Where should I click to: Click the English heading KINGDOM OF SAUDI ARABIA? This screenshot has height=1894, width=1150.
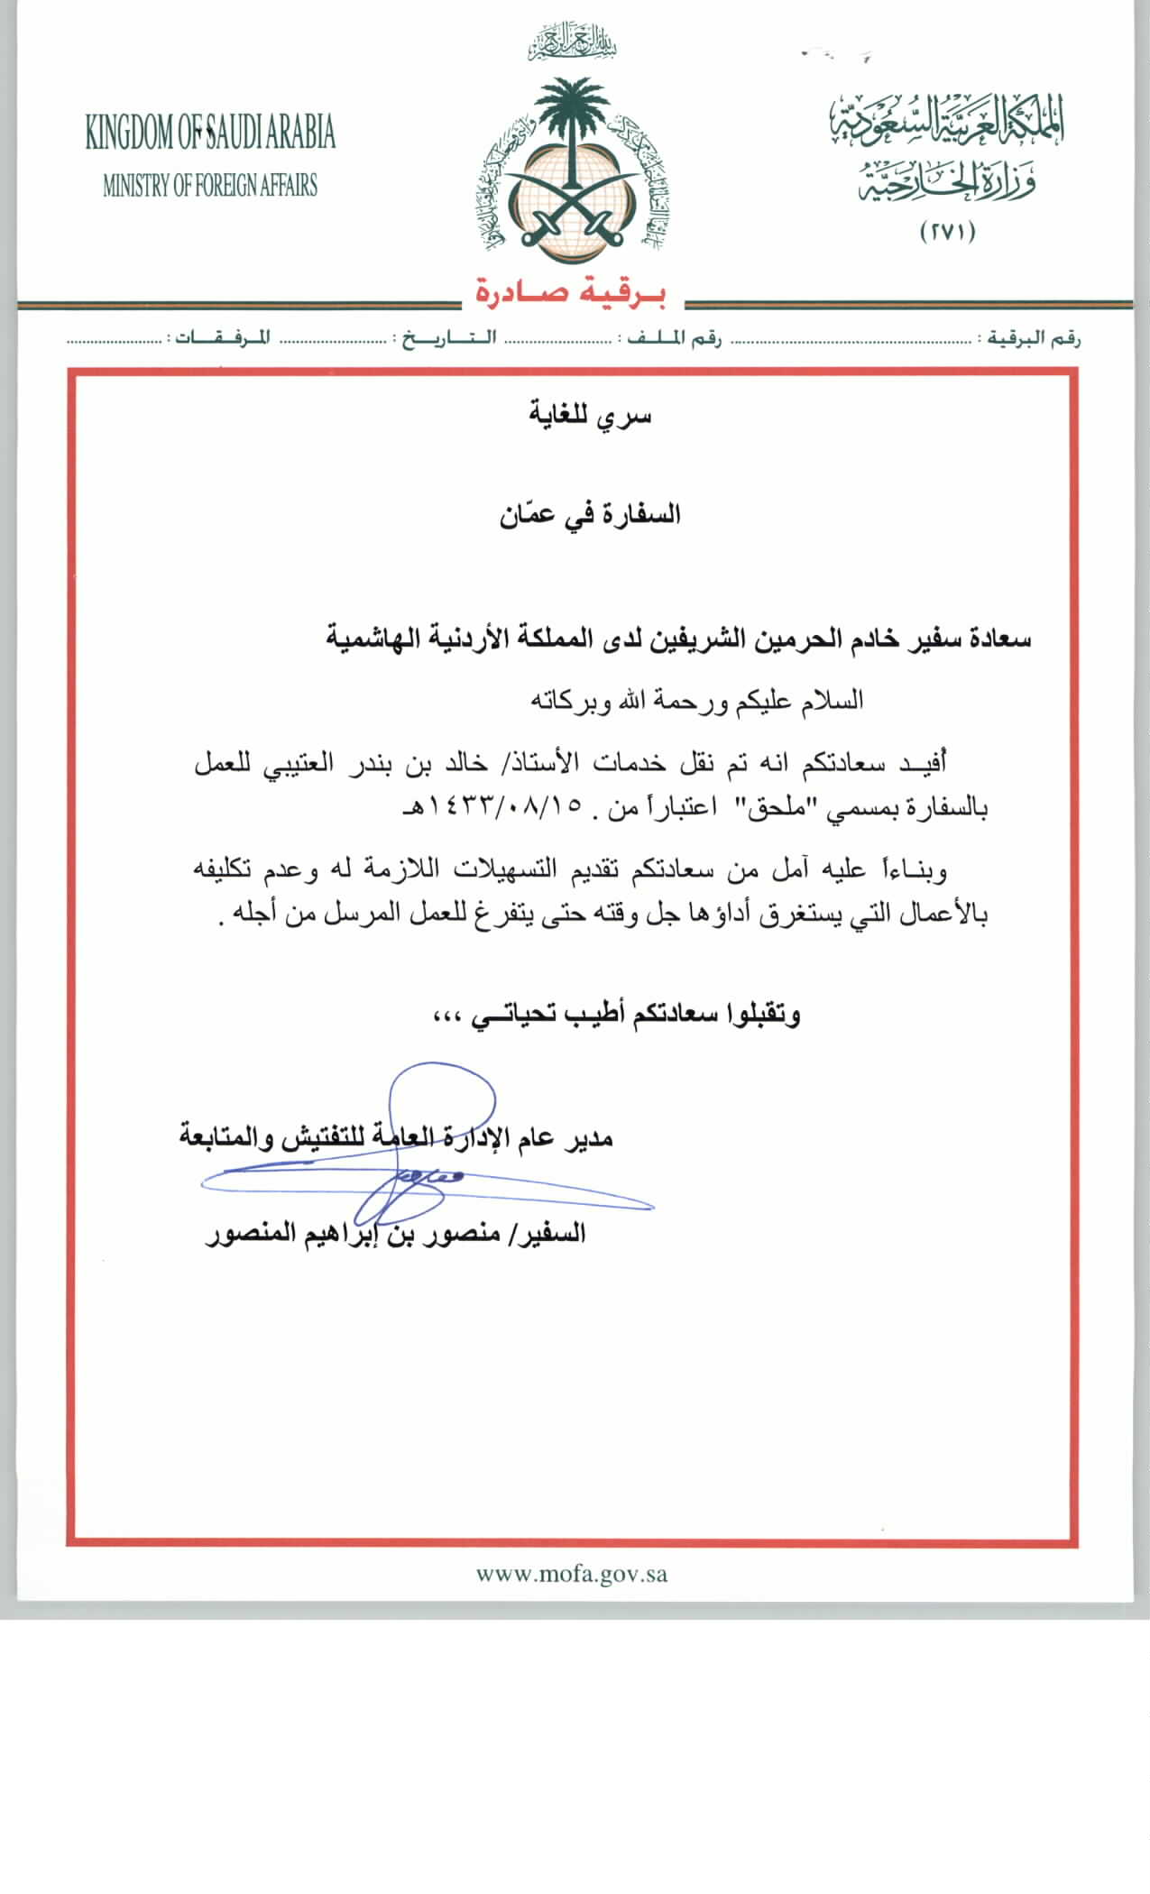tap(210, 133)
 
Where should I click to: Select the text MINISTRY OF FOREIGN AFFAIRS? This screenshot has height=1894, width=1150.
tap(210, 187)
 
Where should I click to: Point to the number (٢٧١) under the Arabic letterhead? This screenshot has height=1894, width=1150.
tap(948, 232)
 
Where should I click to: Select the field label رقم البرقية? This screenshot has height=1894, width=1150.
tap(1034, 339)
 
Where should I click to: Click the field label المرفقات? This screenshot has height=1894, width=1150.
tap(222, 339)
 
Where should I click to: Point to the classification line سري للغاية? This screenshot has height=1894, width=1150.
tap(589, 416)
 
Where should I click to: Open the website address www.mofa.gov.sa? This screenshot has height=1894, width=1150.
tap(572, 1575)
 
